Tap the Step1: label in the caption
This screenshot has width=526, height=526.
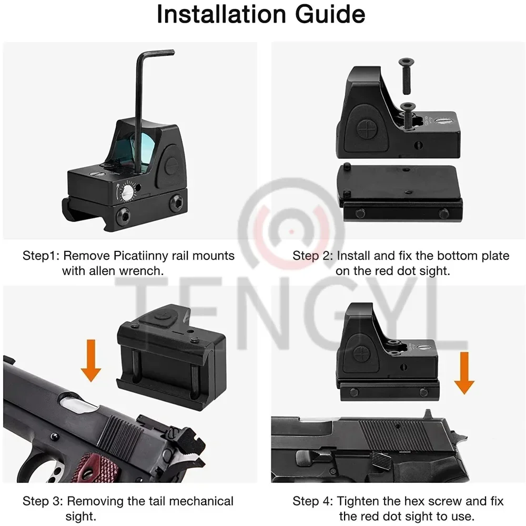(41, 256)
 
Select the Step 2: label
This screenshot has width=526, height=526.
(313, 256)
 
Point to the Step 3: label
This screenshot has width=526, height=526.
(43, 501)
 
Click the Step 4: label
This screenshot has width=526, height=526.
(313, 501)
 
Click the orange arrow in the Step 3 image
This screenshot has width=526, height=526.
(90, 360)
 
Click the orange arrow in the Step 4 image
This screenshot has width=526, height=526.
(464, 373)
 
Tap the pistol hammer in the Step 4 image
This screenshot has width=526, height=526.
(459, 429)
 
